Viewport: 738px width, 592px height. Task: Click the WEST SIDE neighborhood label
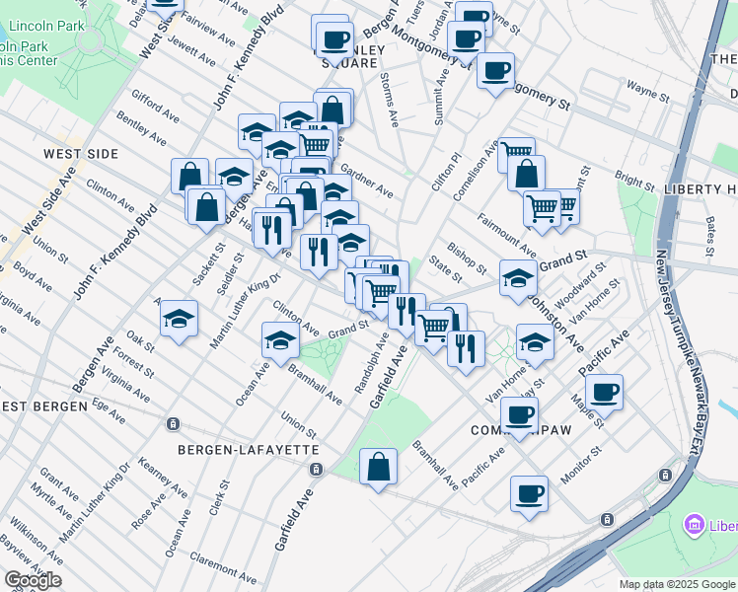click(81, 154)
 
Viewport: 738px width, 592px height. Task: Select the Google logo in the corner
click(33, 580)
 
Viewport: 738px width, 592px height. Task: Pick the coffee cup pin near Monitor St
click(529, 491)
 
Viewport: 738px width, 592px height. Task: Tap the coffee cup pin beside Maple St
click(604, 391)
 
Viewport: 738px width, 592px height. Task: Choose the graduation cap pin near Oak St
click(179, 319)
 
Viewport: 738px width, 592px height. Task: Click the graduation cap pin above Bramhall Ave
click(280, 340)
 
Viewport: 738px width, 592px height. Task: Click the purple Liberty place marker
click(694, 524)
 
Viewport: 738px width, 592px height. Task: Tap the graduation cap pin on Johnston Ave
click(517, 277)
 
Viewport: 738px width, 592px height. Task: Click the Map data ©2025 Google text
click(677, 584)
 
